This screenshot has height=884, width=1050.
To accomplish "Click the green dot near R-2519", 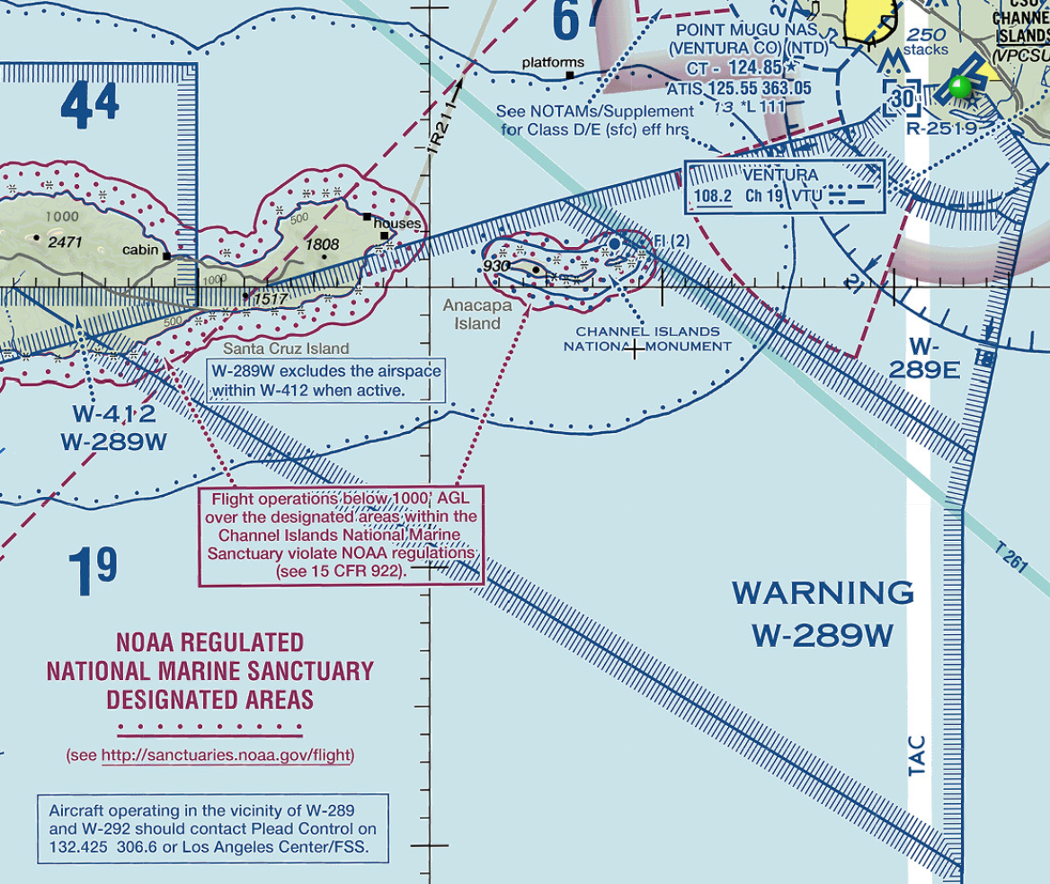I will [x=960, y=87].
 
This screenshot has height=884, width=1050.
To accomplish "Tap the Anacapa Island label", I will [x=477, y=314].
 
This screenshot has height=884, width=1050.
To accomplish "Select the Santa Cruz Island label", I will [x=286, y=349].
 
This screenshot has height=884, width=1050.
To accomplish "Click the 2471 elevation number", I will [x=66, y=241].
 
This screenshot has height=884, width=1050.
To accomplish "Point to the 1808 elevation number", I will [x=322, y=243].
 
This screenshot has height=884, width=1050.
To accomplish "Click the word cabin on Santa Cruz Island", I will [x=140, y=251].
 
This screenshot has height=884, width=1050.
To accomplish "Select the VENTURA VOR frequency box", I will [x=786, y=187].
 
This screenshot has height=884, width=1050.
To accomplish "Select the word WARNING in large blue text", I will [x=823, y=593].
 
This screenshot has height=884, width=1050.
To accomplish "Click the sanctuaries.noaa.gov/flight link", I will [x=226, y=756].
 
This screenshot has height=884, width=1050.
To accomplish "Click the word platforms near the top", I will [x=553, y=63].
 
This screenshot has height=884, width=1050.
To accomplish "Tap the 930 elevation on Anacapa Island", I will [x=496, y=266].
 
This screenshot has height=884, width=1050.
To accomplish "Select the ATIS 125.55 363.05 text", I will [x=739, y=88].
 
